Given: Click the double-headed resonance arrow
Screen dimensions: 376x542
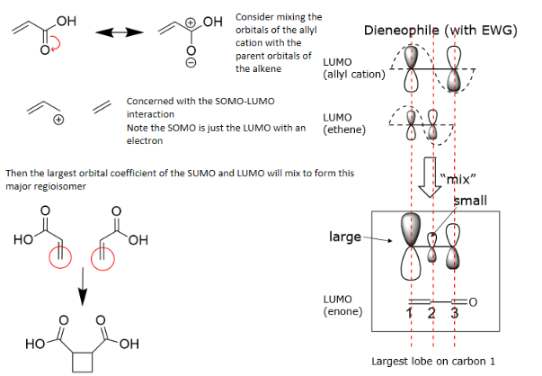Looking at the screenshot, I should pyautogui.click(x=120, y=33).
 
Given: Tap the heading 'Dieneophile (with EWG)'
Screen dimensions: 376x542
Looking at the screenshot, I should pyautogui.click(x=440, y=31).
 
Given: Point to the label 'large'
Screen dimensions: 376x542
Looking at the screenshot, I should pyautogui.click(x=343, y=237).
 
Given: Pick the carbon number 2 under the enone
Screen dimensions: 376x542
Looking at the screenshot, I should pyautogui.click(x=431, y=313).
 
